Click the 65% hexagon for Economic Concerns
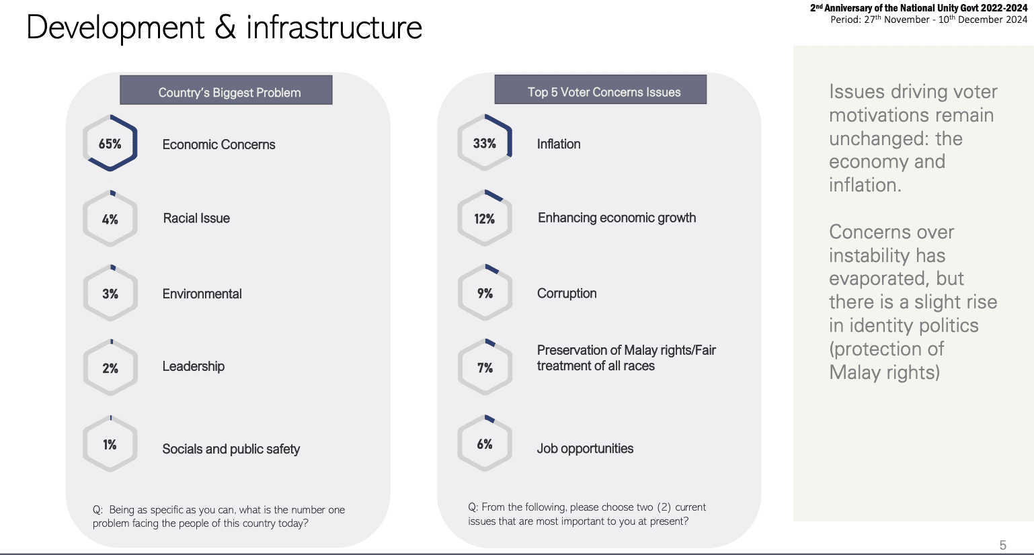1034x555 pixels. click(110, 144)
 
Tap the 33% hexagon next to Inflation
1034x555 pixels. click(485, 143)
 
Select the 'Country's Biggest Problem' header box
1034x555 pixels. click(226, 90)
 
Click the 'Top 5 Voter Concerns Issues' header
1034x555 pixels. click(600, 89)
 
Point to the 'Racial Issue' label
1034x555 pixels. click(196, 218)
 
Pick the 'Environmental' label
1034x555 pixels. click(202, 294)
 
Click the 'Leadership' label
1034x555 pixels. click(194, 366)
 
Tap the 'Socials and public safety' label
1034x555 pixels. click(231, 449)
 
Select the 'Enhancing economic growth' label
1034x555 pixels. click(617, 218)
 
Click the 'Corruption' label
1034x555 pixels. click(566, 294)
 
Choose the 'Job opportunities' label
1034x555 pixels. click(585, 448)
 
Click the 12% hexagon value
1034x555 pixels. click(485, 219)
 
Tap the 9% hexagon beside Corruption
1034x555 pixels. click(485, 294)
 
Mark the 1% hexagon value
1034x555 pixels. click(110, 444)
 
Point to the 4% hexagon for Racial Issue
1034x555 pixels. click(110, 219)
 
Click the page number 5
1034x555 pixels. click(1002, 545)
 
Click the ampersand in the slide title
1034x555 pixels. click(225, 28)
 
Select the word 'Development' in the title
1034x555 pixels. click(115, 28)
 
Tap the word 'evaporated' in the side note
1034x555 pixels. click(872, 278)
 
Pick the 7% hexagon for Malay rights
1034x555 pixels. click(485, 368)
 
